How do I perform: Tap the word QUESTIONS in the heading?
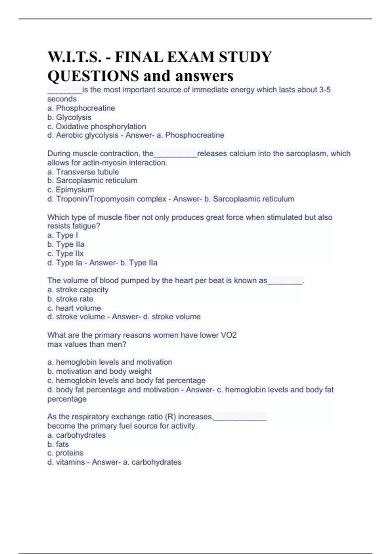[x=93, y=76]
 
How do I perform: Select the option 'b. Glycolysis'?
[x=69, y=117]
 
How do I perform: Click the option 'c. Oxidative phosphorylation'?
[x=97, y=126]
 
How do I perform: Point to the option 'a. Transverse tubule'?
[x=83, y=172]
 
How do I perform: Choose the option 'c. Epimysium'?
[x=71, y=190]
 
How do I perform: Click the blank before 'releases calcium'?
[x=175, y=154]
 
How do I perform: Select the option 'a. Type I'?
[x=63, y=235]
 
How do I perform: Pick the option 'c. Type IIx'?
[x=65, y=253]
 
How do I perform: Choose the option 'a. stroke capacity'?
[x=78, y=290]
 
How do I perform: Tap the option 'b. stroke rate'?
[x=70, y=299]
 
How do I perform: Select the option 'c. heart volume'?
[x=74, y=308]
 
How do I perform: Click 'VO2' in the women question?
[x=228, y=335]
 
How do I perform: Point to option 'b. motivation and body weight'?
[x=99, y=371]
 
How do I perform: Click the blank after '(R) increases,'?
[x=240, y=417]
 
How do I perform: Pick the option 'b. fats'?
[x=58, y=444]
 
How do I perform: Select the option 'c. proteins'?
[x=65, y=453]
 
